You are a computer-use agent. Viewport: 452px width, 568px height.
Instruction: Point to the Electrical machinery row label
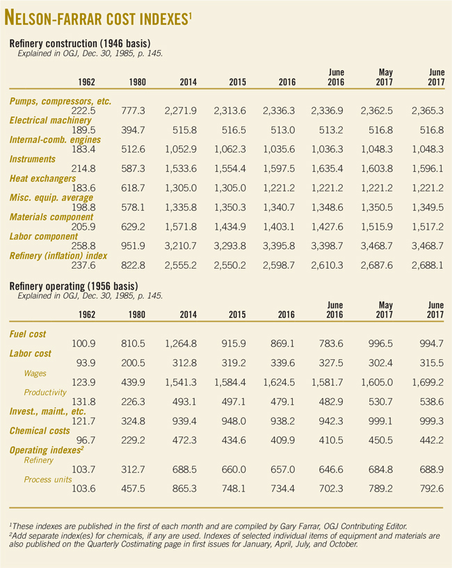(49, 120)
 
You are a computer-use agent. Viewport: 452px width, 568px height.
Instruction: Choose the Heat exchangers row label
(42, 179)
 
